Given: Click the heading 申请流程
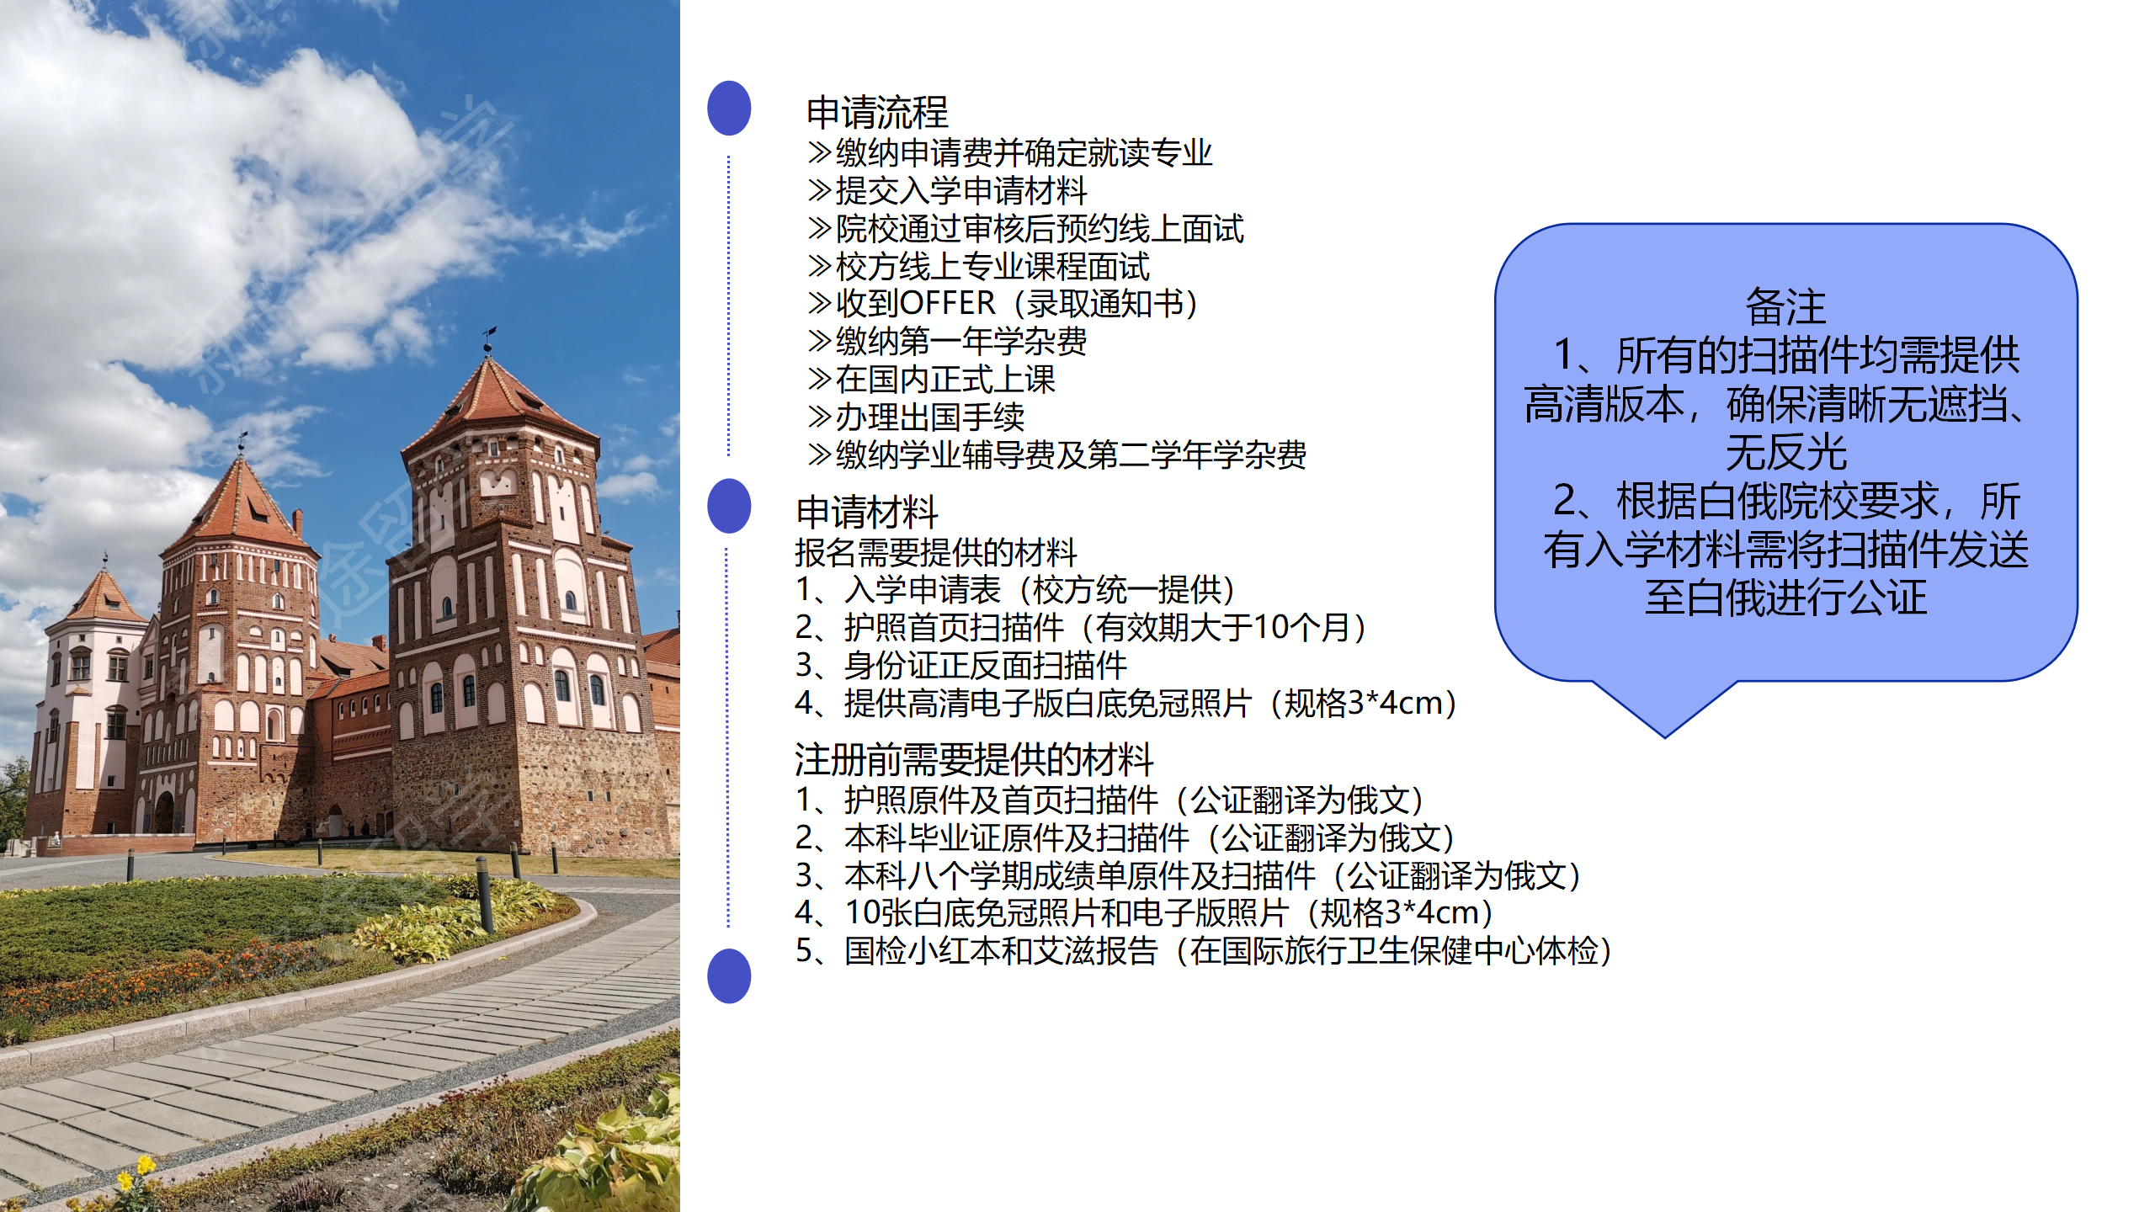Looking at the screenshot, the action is click(x=877, y=112).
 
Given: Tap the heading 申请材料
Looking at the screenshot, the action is click(x=867, y=512).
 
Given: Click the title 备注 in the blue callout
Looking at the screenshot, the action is click(x=1785, y=306).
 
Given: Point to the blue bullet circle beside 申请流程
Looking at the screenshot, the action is click(x=729, y=108).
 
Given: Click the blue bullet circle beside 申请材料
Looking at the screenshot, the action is click(x=729, y=506).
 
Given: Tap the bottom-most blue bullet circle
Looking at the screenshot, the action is click(x=729, y=976).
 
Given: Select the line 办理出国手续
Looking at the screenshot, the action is click(x=917, y=417).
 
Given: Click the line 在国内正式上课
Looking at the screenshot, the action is click(x=932, y=379).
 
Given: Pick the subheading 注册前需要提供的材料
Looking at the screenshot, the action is click(x=974, y=759).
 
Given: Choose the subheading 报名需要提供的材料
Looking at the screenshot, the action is click(x=936, y=552).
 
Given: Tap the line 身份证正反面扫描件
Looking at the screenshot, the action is click(x=961, y=665).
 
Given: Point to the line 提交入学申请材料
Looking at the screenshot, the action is click(x=948, y=190).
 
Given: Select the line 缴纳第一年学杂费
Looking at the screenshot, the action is click(x=948, y=341).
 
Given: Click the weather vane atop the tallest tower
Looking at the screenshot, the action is click(x=487, y=339).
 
